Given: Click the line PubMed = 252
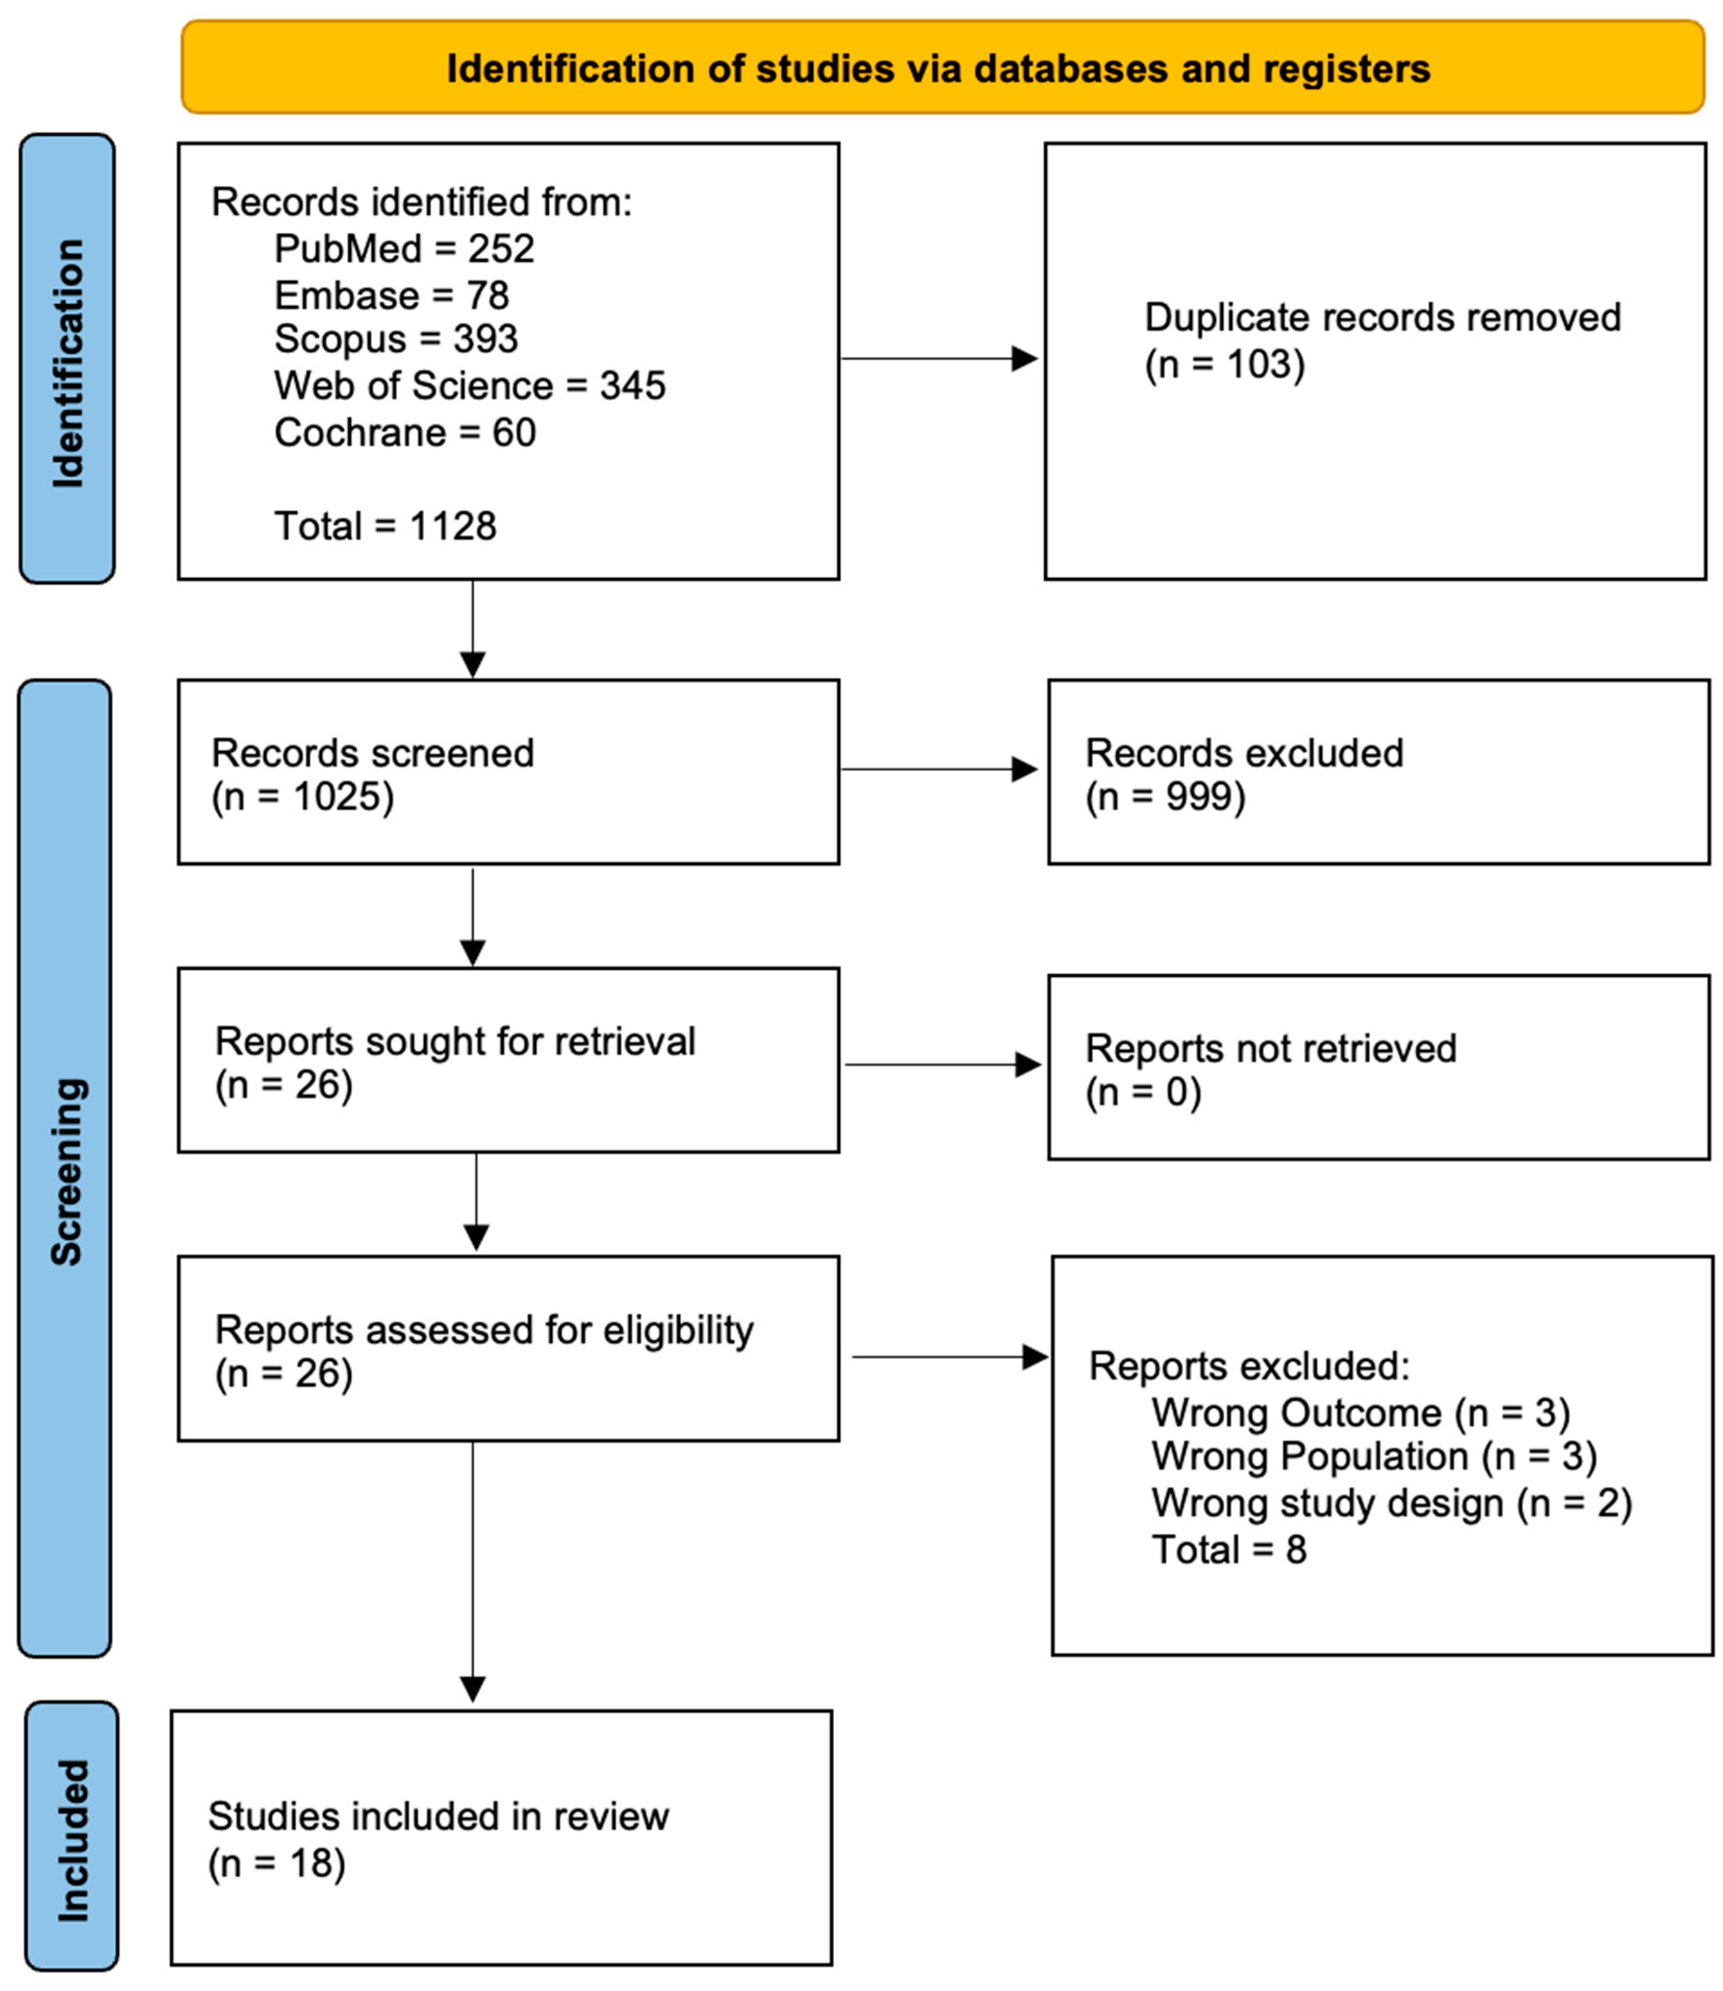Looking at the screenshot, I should [404, 249].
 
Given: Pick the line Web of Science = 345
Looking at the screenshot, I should [469, 386].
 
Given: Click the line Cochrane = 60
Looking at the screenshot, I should [405, 433].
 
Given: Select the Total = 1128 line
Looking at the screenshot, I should [384, 526].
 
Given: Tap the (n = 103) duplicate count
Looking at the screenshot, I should [1224, 364].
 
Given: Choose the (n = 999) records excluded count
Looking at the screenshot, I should [1165, 797].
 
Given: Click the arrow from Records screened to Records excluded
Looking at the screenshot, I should [941, 769].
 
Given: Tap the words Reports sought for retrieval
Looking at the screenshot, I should [455, 1041].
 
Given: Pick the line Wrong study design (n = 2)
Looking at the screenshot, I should [1391, 1502].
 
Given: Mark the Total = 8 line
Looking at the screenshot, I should [1229, 1550].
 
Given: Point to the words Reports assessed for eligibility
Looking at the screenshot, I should [484, 1330].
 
